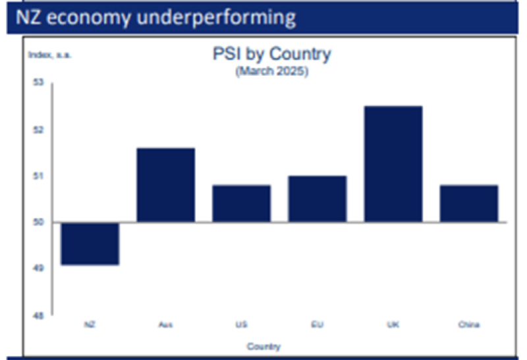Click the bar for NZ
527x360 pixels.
coord(90,244)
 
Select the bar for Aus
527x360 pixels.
coord(165,185)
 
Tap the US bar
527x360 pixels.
coord(241,203)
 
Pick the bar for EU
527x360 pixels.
coord(318,199)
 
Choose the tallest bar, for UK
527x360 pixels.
coord(393,164)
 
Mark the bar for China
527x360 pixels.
coord(469,203)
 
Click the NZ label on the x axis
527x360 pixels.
coord(90,324)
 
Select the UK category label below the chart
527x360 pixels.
coord(393,324)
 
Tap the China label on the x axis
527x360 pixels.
coord(469,324)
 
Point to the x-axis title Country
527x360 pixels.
coord(263,346)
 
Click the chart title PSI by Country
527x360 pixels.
coord(272,54)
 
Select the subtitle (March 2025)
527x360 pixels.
coord(272,71)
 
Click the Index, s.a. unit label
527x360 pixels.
coord(49,55)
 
